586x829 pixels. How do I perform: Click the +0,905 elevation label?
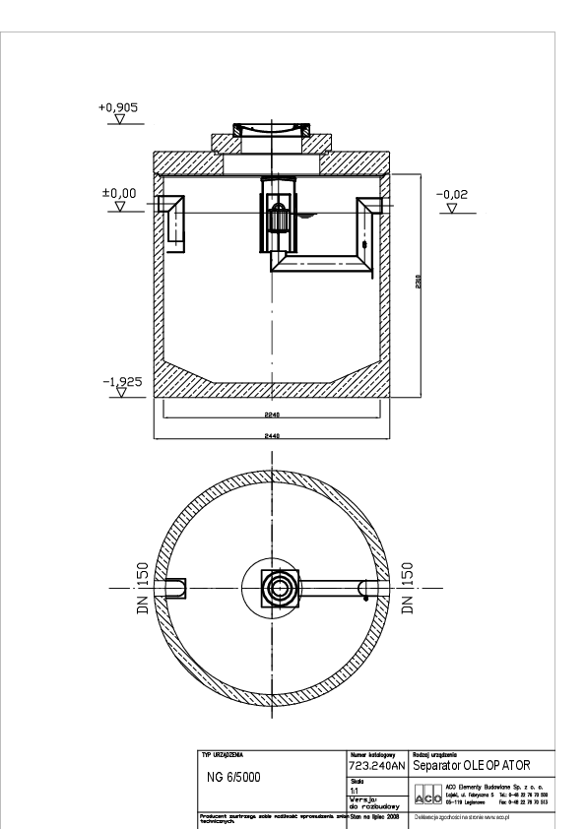[x=119, y=105]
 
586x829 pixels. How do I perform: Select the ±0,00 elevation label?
[x=119, y=194]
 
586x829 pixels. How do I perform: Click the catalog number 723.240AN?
[x=377, y=765]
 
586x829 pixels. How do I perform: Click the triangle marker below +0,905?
[x=119, y=120]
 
